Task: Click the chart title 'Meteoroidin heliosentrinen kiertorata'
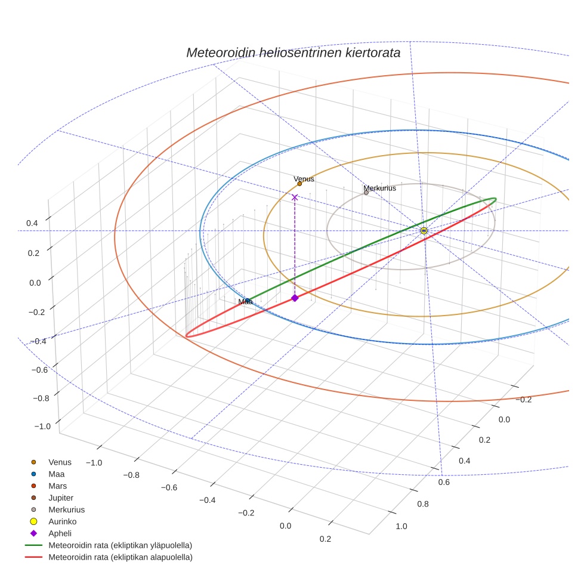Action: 293,52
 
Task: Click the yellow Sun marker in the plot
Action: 424,230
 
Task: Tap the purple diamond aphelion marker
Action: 294,298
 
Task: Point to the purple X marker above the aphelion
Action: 294,197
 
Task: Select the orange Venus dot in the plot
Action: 299,184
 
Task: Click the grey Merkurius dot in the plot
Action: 366,193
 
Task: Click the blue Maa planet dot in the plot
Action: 248,301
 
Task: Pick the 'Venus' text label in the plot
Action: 304,178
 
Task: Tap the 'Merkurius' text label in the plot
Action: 379,188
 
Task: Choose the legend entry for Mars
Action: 57,486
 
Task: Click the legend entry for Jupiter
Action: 61,498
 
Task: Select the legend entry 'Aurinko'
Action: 62,521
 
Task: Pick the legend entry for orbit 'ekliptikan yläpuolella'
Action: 120,545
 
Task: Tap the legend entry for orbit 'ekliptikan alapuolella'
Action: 120,557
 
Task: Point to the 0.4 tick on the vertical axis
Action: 32,223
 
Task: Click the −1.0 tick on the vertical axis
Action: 42,427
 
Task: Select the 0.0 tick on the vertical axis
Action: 35,282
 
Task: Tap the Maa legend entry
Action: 56,474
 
